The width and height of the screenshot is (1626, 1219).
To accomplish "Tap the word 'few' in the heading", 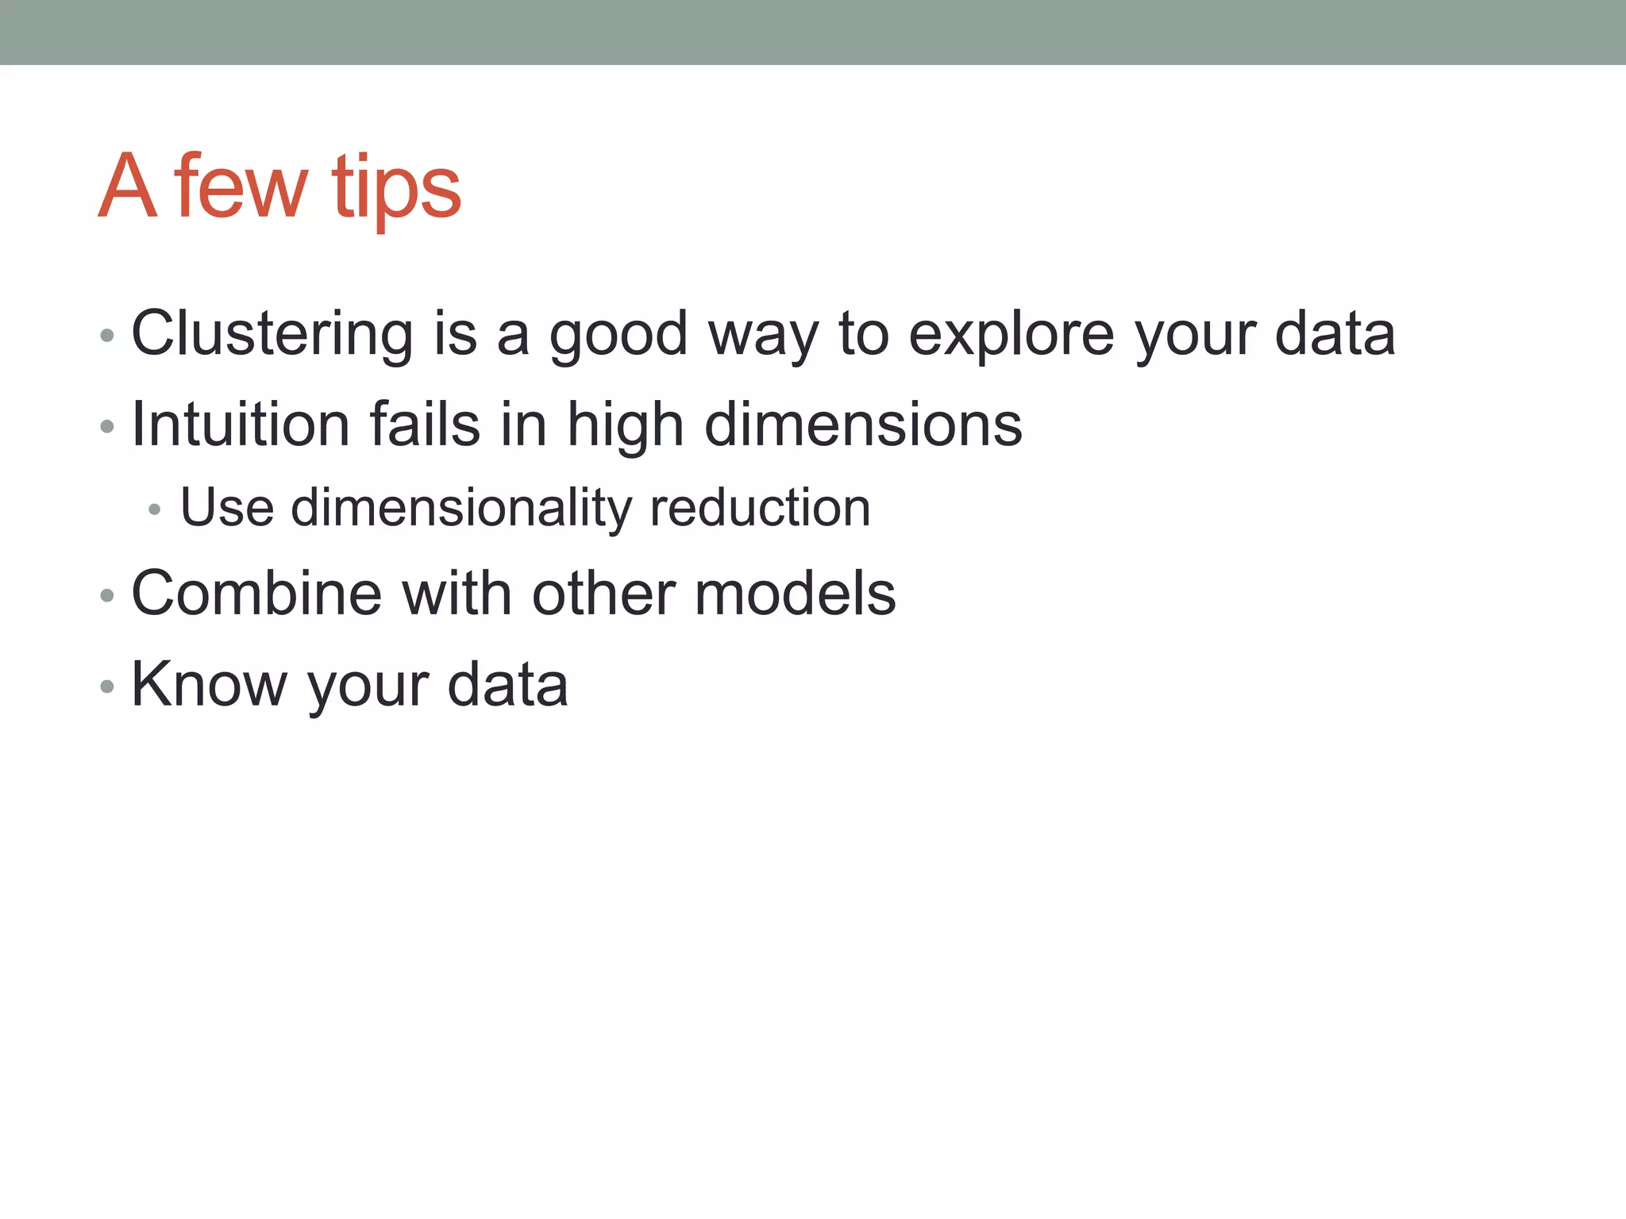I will click(240, 188).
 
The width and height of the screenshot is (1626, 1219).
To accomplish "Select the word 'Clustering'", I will click(272, 334).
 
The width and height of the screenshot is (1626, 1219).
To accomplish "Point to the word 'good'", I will click(618, 334).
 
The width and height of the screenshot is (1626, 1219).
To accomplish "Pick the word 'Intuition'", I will click(240, 425).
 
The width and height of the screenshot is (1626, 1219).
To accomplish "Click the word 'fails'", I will click(425, 425).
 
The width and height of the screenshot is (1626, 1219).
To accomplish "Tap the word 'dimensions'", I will click(863, 425).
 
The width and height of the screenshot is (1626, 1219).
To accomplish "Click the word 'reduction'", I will click(760, 508).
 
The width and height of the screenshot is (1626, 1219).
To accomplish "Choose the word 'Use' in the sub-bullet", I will click(227, 508).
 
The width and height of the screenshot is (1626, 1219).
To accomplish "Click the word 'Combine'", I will click(256, 594).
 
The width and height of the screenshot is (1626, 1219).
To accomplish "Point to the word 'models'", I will click(795, 594).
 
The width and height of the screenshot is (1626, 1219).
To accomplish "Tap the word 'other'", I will click(603, 594).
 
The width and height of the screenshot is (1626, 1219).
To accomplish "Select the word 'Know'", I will click(209, 684).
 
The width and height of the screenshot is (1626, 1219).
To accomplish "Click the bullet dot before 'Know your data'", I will click(107, 686).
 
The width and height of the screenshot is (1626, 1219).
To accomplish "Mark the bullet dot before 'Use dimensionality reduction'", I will click(155, 510).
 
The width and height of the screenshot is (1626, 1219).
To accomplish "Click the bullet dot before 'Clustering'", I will click(107, 336).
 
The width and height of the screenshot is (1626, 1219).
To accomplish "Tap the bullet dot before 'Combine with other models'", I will click(107, 595).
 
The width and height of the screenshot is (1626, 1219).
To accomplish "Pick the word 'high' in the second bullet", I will click(625, 425).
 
